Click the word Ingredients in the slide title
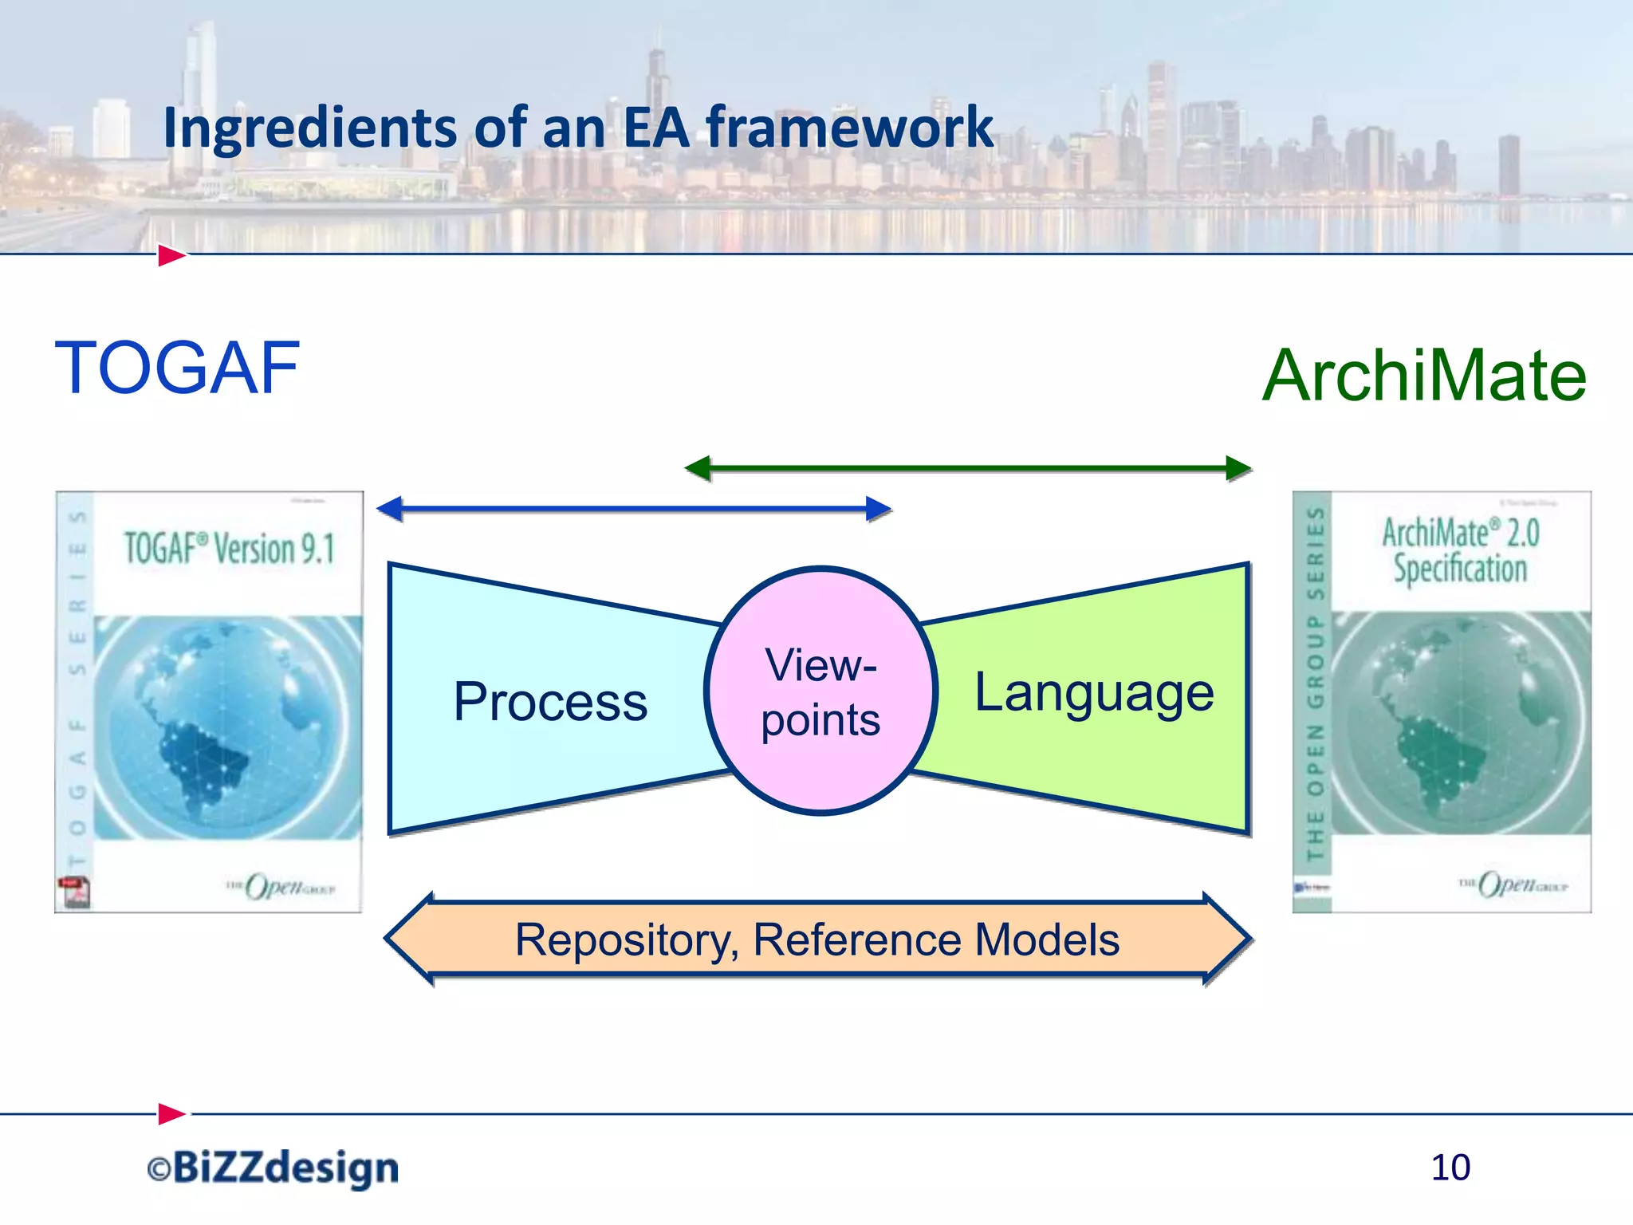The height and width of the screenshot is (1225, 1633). [309, 129]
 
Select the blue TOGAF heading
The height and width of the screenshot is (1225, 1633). [177, 368]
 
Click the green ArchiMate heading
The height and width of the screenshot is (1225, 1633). [1424, 376]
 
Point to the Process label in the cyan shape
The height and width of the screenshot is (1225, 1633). [550, 702]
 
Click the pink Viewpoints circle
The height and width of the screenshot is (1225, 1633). [820, 691]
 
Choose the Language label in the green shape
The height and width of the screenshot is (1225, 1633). [1094, 691]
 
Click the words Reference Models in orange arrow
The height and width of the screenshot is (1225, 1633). [936, 939]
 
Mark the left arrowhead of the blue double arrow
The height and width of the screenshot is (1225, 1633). [390, 509]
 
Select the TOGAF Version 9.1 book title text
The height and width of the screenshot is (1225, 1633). [229, 549]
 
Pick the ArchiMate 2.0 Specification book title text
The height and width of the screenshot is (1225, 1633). [1460, 551]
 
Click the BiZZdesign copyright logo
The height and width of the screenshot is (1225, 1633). [273, 1168]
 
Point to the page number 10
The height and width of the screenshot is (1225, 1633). [1450, 1168]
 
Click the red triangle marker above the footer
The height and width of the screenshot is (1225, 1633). [171, 1113]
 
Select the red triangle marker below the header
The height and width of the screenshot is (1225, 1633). [171, 256]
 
